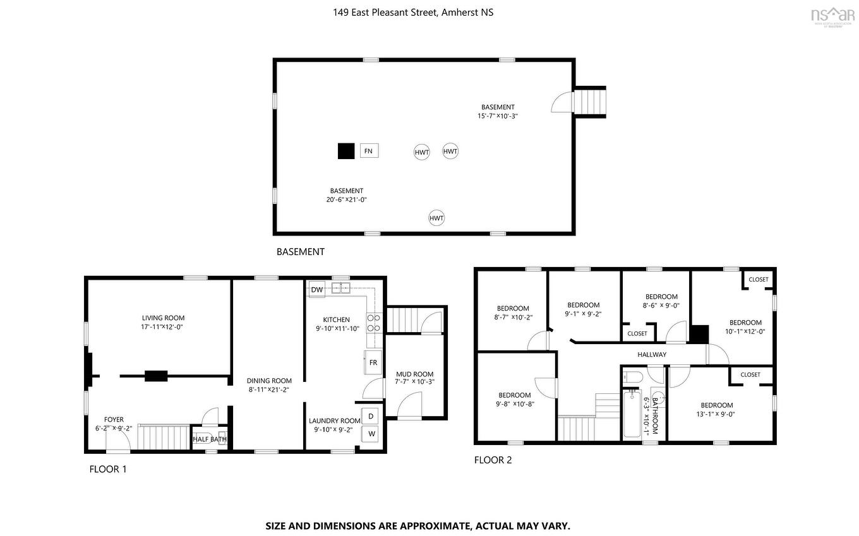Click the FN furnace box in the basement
coord(369,151)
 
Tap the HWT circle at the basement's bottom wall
coord(436,218)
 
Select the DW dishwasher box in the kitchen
coord(317,290)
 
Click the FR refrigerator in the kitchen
coord(373,363)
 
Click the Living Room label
coord(163,318)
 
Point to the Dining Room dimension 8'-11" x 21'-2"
coord(269,390)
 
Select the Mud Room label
coord(414,374)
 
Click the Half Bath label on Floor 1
coord(209,439)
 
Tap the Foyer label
coord(114,419)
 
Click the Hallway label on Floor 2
coord(651,354)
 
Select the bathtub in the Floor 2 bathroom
coord(634,414)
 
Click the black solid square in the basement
coord(345,152)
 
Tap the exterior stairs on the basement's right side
coord(589,101)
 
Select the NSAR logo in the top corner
coord(832,16)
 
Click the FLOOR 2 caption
coord(493,460)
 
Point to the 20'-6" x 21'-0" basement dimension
coord(346,200)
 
